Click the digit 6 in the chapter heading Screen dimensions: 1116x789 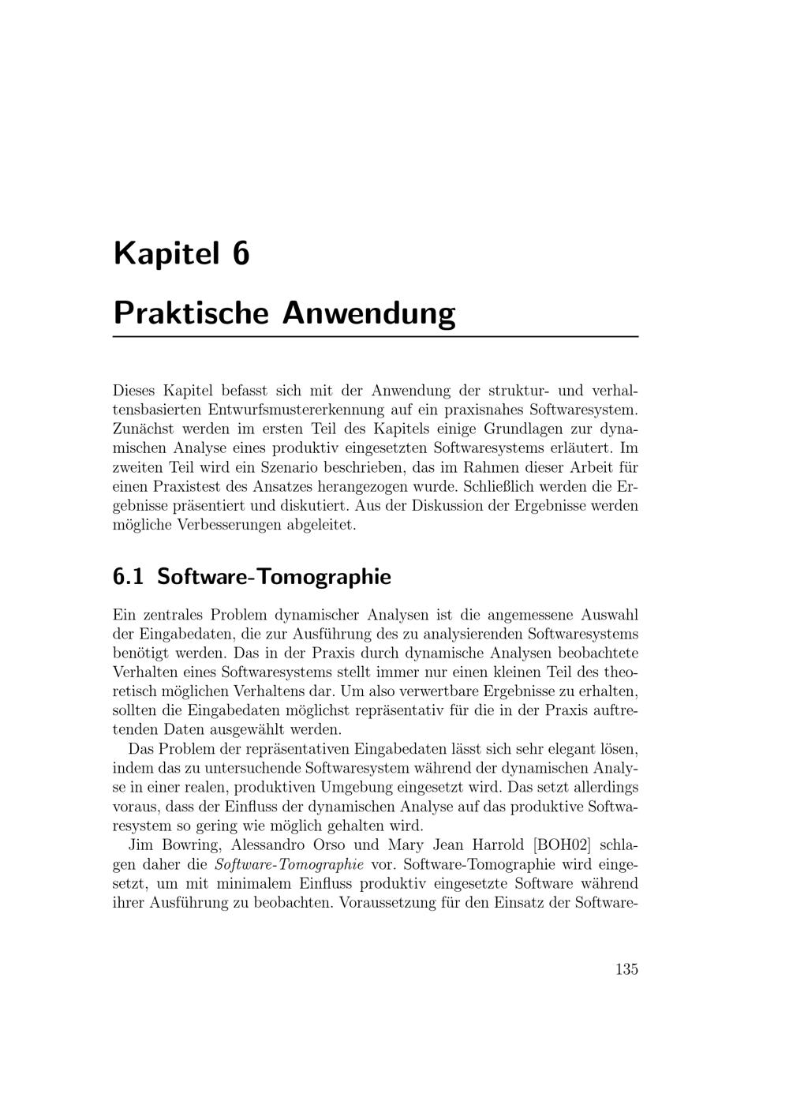[x=240, y=254]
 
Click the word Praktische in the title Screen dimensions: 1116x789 [x=192, y=313]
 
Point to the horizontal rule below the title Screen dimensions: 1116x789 [x=376, y=337]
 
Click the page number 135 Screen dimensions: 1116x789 [x=626, y=969]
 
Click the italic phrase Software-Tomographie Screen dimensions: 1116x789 [x=289, y=863]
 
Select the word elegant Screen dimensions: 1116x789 [x=559, y=748]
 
